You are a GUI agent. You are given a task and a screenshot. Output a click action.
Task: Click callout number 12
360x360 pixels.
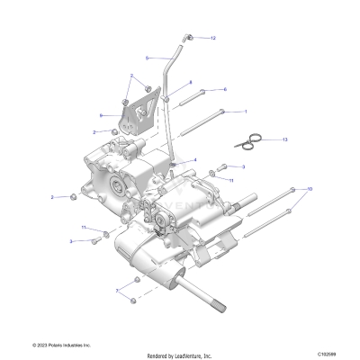[x=212, y=39]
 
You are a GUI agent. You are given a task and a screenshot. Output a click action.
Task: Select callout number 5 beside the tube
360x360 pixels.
[x=148, y=58]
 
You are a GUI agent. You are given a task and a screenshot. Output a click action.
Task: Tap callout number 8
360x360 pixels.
[x=190, y=83]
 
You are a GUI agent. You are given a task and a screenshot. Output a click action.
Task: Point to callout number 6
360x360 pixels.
[x=224, y=89]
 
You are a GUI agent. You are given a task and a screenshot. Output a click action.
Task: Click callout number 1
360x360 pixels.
[x=244, y=112]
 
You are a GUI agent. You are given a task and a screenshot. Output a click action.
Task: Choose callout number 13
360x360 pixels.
[x=284, y=140]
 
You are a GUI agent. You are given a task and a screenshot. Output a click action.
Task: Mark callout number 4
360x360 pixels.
[x=194, y=160]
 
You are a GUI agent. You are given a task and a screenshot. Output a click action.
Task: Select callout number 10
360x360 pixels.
[x=310, y=189]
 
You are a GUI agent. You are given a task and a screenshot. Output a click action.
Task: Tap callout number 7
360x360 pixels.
[x=116, y=292]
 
